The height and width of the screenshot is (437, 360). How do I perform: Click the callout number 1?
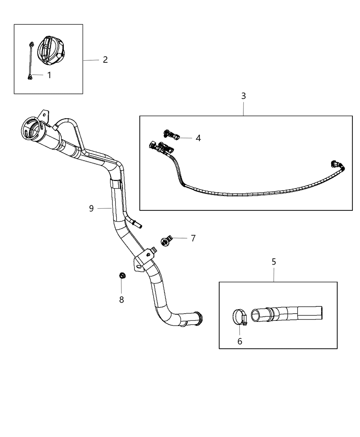[x=49, y=75]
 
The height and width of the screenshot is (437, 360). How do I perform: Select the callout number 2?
[x=105, y=60]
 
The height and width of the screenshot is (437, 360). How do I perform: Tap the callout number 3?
[x=243, y=96]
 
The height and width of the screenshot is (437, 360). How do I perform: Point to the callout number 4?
[x=198, y=138]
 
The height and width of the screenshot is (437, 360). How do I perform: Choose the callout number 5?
[x=274, y=262]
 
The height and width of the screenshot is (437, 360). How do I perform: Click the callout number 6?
[x=240, y=341]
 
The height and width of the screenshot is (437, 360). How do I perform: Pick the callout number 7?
[x=193, y=238]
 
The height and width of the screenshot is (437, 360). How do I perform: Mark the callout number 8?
[x=121, y=300]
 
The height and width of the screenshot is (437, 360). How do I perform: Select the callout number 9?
[x=92, y=208]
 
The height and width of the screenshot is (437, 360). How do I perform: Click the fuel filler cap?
[x=51, y=51]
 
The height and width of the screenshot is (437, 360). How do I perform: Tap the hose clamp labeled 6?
[x=239, y=316]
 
